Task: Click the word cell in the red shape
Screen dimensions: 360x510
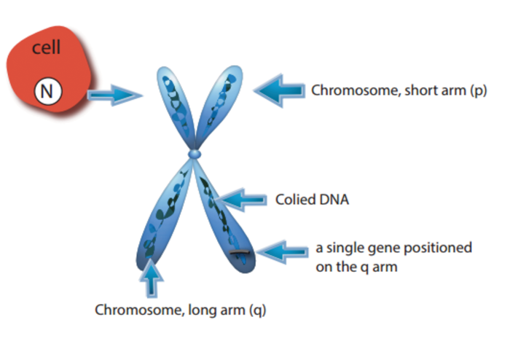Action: (x=46, y=49)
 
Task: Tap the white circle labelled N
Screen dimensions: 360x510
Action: (x=47, y=91)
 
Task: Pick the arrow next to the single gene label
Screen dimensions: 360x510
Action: (x=284, y=252)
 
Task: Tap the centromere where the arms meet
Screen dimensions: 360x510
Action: (x=194, y=154)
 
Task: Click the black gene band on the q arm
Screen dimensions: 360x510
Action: (x=239, y=253)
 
